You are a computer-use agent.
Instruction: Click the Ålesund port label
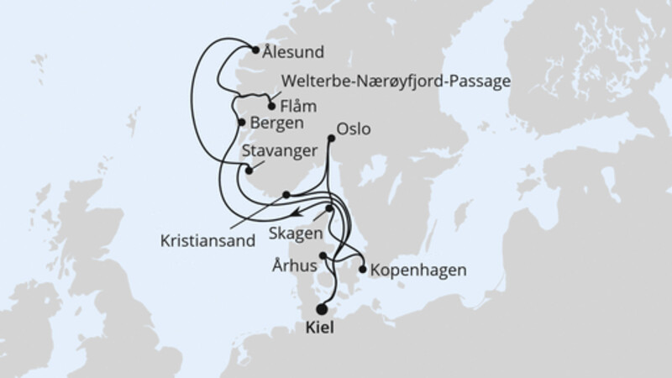(293, 52)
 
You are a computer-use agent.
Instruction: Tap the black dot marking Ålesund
(256, 50)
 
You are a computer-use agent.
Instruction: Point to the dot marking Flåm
(270, 106)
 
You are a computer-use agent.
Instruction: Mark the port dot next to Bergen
(242, 123)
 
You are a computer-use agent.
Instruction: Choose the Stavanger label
(279, 151)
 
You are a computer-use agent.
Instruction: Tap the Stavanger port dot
(249, 171)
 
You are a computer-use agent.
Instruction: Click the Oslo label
(353, 131)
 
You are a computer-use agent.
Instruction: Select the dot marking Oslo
(330, 139)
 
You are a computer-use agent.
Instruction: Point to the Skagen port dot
(330, 209)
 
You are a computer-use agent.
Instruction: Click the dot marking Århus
(323, 255)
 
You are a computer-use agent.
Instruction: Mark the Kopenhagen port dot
(362, 270)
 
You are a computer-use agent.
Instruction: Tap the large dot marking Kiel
(323, 308)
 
